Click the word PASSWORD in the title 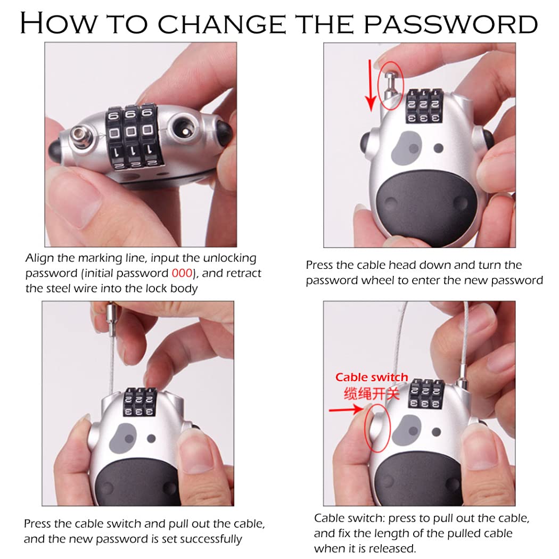450,24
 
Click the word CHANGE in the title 222,24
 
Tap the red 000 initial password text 182,273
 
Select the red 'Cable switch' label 372,377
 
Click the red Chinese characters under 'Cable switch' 372,393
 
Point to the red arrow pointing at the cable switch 346,409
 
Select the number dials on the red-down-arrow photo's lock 424,106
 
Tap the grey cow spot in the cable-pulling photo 123,439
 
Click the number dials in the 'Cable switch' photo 426,394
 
